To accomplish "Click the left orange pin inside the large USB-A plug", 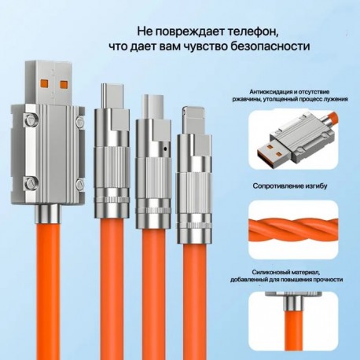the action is [x=44, y=84].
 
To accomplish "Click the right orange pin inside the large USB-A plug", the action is [x=64, y=84].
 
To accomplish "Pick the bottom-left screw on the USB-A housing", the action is [x=29, y=182].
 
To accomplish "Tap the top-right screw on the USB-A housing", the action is [x=80, y=121].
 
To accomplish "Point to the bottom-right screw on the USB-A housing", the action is [x=79, y=185].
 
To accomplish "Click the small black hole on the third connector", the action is [x=165, y=149].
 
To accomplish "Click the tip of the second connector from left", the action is [x=112, y=96].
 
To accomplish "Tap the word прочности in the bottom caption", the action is [x=329, y=280].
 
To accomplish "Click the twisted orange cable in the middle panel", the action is [x=293, y=230].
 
